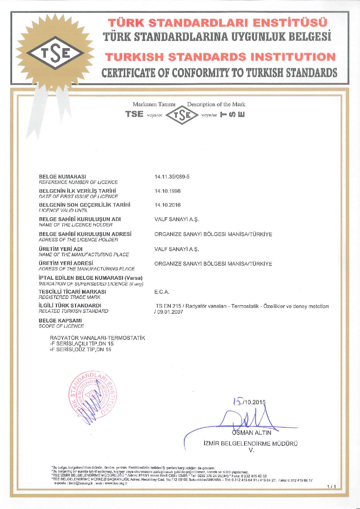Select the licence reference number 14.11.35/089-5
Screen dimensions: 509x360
click(x=172, y=177)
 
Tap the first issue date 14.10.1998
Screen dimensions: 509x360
click(x=168, y=191)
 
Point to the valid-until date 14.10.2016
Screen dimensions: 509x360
click(x=168, y=205)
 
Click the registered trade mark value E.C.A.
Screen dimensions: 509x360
click(x=162, y=292)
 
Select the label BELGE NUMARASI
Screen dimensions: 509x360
click(x=62, y=176)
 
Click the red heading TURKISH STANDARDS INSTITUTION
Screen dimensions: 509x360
click(x=220, y=57)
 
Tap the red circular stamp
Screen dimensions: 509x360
click(x=93, y=394)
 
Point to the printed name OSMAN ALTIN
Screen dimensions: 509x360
click(x=252, y=433)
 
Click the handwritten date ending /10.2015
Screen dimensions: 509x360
click(x=249, y=402)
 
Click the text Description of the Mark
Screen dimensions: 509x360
click(x=216, y=104)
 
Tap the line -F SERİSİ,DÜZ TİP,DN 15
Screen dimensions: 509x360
click(x=81, y=349)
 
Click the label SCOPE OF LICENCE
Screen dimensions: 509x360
click(x=61, y=326)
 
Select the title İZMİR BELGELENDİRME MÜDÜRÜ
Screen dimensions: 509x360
click(x=251, y=443)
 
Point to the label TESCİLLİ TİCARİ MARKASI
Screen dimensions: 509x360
click(x=73, y=292)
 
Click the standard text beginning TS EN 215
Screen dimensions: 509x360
click(x=242, y=306)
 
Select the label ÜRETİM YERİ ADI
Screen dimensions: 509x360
click(x=61, y=249)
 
